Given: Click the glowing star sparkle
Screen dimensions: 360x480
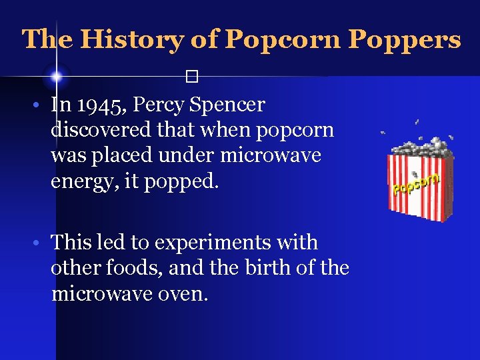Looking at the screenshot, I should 57,77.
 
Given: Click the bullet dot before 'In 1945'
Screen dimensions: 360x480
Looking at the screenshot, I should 41,106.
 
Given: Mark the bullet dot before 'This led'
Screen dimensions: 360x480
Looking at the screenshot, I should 41,244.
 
